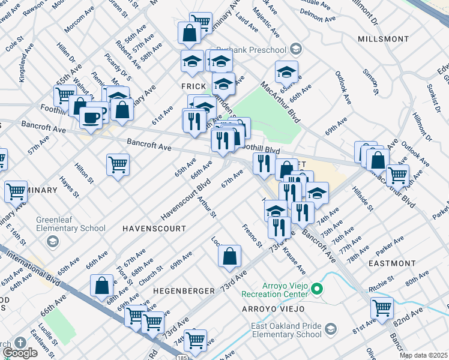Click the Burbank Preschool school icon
tap(295, 48)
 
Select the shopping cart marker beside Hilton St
tap(118, 164)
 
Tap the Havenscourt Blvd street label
tap(187, 199)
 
